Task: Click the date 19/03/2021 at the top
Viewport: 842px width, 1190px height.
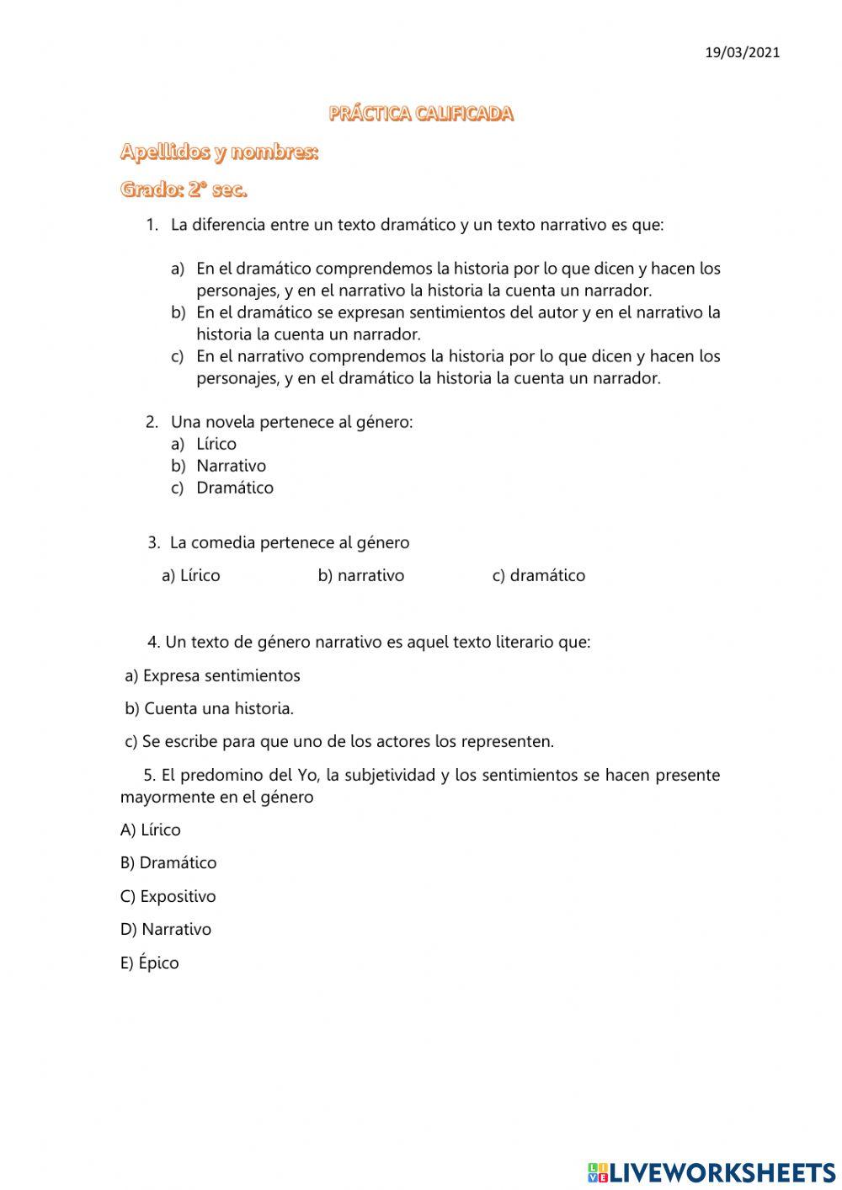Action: click(x=742, y=52)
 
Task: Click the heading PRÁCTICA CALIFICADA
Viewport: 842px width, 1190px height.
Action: click(x=421, y=114)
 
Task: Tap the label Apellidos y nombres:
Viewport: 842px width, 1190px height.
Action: click(x=219, y=152)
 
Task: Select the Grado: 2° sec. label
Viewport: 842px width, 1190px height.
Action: click(x=184, y=189)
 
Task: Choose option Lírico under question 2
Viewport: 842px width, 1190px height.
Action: click(x=216, y=444)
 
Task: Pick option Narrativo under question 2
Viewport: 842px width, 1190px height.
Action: click(x=231, y=466)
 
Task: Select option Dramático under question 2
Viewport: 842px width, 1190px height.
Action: click(x=234, y=488)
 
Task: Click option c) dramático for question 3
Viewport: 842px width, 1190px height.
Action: click(x=538, y=575)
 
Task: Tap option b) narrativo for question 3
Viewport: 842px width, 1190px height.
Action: click(x=360, y=575)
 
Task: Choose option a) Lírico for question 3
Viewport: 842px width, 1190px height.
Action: click(x=190, y=575)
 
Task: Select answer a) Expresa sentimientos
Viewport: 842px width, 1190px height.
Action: click(x=212, y=675)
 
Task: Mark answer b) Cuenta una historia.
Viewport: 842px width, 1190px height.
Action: click(x=209, y=708)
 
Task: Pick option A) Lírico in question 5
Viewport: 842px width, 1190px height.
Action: click(x=151, y=830)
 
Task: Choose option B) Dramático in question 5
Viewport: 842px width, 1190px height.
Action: click(x=168, y=862)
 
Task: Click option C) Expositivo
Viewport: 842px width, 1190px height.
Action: click(x=168, y=896)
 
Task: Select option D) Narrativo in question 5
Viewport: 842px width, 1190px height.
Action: click(x=166, y=929)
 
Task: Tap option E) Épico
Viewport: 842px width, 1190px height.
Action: click(x=150, y=963)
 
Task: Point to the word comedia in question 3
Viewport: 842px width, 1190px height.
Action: click(x=223, y=542)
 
